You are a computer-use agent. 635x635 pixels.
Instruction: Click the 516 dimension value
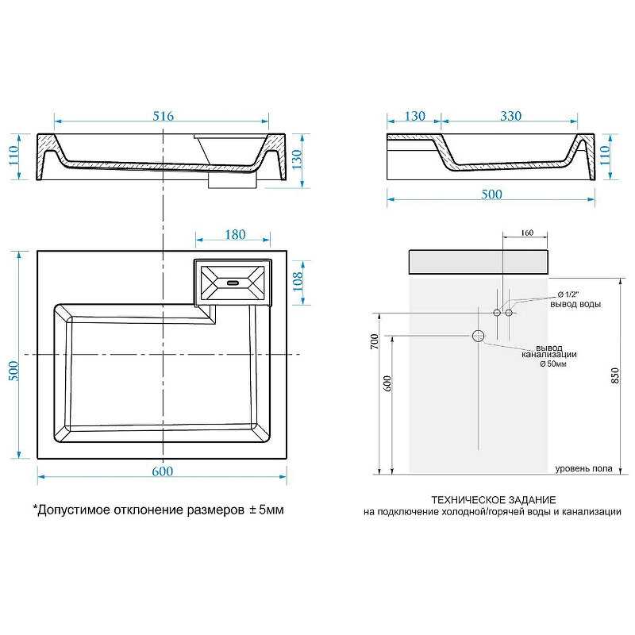[x=164, y=116]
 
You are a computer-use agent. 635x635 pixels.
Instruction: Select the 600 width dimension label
[x=163, y=471]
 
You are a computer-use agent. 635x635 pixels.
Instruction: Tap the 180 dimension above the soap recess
[x=235, y=234]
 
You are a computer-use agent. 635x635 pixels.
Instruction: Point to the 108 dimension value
[x=298, y=282]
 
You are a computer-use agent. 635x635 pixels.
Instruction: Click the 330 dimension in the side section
[x=510, y=116]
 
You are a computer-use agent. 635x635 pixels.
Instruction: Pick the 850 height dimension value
[x=615, y=375]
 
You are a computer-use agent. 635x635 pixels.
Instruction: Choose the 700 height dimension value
[x=375, y=341]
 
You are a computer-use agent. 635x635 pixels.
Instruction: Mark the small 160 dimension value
[x=527, y=233]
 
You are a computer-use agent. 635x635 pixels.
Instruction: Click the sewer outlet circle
[x=479, y=336]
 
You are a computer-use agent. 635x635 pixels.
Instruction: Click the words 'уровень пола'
[x=583, y=468]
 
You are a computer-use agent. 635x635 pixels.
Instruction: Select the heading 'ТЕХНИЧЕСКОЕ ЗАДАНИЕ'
[x=493, y=500]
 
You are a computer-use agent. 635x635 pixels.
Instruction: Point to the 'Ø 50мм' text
[x=553, y=364]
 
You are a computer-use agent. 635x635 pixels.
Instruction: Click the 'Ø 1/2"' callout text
[x=568, y=294]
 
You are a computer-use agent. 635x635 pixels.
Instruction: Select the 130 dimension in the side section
[x=415, y=116]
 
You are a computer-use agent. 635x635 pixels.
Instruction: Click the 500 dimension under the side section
[x=491, y=194]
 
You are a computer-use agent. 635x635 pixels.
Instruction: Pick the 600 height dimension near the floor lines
[x=387, y=383]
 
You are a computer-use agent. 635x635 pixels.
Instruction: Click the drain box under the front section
[x=233, y=181]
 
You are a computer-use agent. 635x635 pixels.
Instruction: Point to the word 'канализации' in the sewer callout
[x=549, y=355]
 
